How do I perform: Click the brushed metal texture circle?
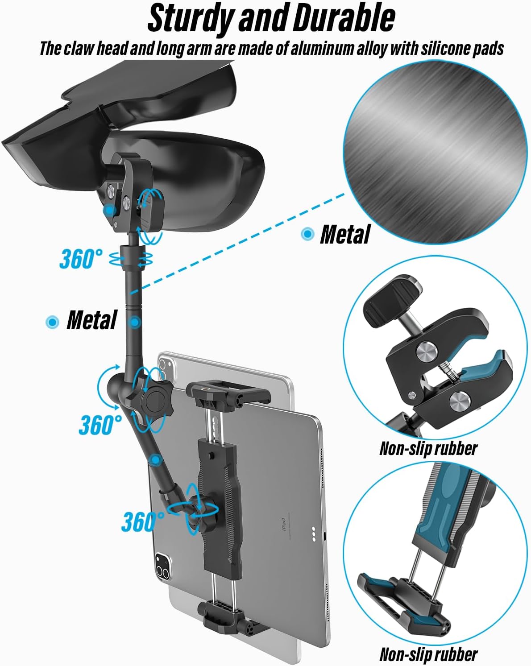(x=435, y=152)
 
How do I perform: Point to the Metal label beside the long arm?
(x=91, y=320)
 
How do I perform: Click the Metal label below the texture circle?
(x=345, y=234)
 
